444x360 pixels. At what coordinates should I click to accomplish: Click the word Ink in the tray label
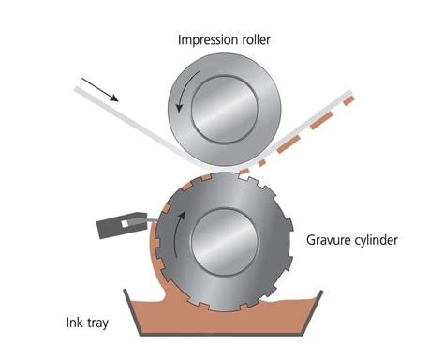tap(71, 322)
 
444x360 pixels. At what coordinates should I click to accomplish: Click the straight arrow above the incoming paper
tap(100, 90)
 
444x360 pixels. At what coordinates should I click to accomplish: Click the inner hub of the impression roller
tap(225, 109)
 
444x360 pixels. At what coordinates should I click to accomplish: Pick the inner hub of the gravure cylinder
tap(225, 241)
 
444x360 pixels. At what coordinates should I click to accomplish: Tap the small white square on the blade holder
tap(125, 224)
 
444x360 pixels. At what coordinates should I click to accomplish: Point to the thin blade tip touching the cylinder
tap(153, 220)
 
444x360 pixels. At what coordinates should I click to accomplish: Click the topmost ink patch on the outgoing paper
tap(349, 100)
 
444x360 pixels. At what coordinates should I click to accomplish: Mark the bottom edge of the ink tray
tap(221, 334)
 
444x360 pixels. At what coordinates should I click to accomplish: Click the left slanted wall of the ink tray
tap(132, 312)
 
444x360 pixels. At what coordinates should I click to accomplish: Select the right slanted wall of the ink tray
tap(313, 312)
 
